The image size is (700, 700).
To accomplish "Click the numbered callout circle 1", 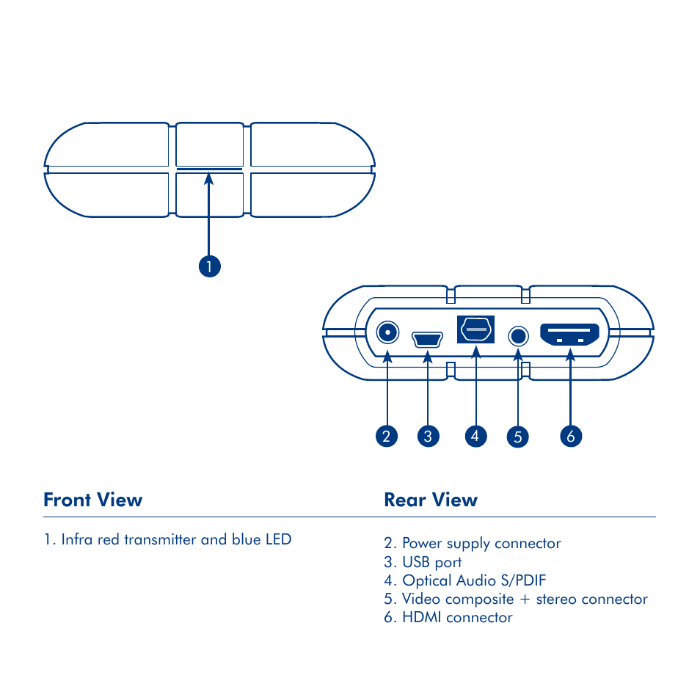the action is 209,266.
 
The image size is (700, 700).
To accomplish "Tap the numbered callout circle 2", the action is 387,436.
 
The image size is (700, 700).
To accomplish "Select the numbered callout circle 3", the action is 428,436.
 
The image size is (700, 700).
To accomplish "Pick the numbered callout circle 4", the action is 476,436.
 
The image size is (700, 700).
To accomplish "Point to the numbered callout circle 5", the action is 518,437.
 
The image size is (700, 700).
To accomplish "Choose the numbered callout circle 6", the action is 571,436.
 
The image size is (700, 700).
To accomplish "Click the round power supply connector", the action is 387,332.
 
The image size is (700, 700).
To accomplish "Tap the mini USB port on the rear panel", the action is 427,339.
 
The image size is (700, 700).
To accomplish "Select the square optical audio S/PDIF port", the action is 476,329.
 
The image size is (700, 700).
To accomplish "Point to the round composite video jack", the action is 518,336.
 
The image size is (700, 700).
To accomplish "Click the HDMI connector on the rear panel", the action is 569,335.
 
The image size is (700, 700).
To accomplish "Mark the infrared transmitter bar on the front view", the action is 209,169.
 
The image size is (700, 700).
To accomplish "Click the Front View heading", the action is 93,500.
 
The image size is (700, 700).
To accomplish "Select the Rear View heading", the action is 431,500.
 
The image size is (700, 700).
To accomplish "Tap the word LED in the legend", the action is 279,539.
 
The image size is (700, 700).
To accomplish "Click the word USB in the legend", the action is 416,561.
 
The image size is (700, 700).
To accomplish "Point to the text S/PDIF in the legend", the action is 523,580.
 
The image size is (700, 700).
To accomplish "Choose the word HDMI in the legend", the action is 422,617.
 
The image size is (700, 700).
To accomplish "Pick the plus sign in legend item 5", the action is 525,599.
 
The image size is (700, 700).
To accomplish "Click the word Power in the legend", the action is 423,543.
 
